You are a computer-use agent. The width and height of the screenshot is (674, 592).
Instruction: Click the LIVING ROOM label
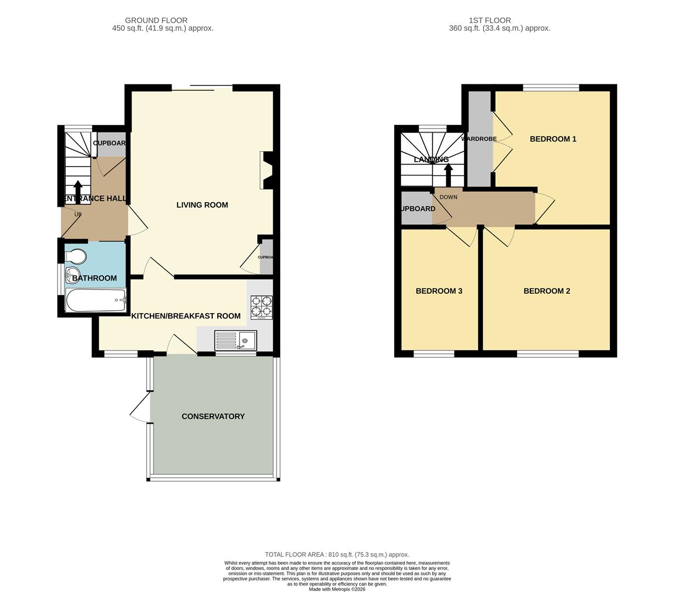[202, 205]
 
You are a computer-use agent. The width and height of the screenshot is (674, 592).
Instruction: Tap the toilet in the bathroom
[75, 257]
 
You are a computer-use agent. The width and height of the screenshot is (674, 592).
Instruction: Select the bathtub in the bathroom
[95, 300]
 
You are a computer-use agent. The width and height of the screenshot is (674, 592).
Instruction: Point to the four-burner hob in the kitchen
[262, 308]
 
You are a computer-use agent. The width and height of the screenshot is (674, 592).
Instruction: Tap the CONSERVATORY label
[213, 417]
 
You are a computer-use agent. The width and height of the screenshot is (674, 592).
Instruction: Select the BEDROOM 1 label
[553, 139]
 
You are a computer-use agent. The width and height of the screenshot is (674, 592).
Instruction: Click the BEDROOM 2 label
[546, 291]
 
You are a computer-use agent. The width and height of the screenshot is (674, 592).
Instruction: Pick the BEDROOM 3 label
[439, 291]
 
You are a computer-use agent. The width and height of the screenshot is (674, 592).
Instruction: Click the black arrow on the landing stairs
[448, 174]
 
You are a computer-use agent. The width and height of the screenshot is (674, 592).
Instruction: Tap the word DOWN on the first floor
[448, 197]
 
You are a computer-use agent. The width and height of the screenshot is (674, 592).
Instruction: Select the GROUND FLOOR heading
[156, 20]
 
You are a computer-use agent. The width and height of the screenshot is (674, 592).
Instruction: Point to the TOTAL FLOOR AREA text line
[337, 555]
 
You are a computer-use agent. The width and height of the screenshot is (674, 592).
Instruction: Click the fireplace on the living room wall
[267, 170]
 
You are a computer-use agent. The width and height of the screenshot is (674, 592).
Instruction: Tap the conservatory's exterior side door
[141, 410]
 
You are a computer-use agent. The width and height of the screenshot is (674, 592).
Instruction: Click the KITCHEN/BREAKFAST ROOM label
[185, 316]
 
